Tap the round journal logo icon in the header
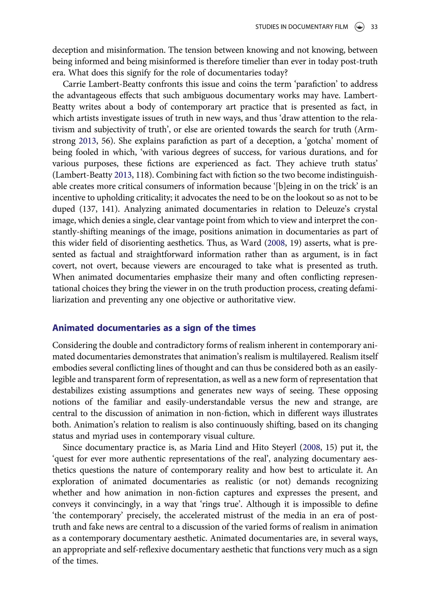click(x=359, y=27)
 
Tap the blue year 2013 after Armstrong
click(x=87, y=141)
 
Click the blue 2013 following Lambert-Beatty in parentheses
click(x=123, y=175)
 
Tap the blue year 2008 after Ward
click(x=276, y=243)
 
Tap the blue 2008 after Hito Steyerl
click(x=311, y=447)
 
